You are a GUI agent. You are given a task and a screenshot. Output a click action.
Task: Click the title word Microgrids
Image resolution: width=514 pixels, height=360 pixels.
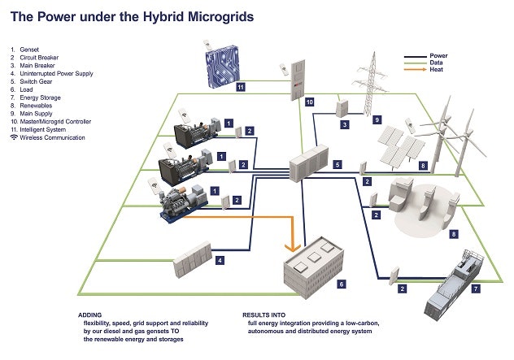(x=215, y=15)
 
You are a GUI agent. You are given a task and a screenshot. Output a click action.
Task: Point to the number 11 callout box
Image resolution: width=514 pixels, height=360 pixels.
(x=241, y=86)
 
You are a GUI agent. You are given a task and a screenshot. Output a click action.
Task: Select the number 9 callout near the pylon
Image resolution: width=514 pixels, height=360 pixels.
(x=377, y=119)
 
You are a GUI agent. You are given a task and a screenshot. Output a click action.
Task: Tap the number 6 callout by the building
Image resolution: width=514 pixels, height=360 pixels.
(x=342, y=284)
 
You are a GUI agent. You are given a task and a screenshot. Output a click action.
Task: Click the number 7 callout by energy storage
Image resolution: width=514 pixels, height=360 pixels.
(x=476, y=288)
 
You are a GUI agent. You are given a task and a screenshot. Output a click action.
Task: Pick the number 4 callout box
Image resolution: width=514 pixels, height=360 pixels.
(x=219, y=261)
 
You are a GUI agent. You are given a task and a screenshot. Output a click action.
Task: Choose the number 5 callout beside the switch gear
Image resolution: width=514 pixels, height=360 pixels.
(x=338, y=164)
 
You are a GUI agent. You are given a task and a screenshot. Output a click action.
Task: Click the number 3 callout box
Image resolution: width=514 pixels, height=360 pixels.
(x=345, y=124)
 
